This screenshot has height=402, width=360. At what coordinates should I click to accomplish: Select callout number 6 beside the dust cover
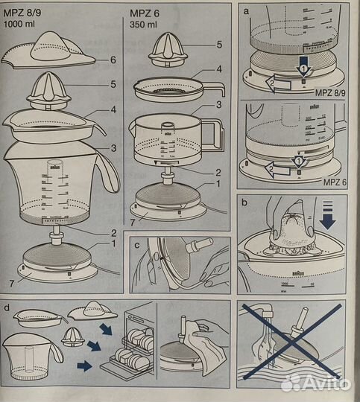pos(111,60)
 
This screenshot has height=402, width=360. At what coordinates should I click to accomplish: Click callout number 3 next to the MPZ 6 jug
pos(218,104)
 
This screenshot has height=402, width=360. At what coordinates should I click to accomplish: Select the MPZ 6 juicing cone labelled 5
pos(172,51)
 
